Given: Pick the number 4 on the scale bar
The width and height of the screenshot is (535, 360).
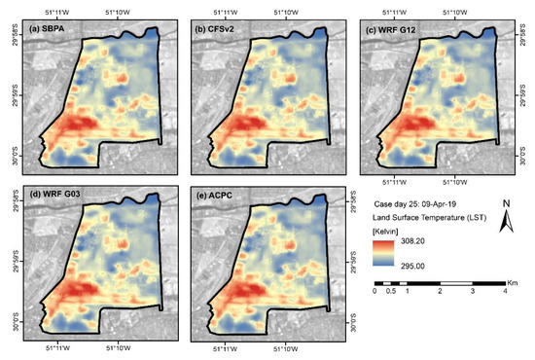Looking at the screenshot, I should point(505,291).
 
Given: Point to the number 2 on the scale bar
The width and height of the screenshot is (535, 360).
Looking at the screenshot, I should point(441,291).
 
